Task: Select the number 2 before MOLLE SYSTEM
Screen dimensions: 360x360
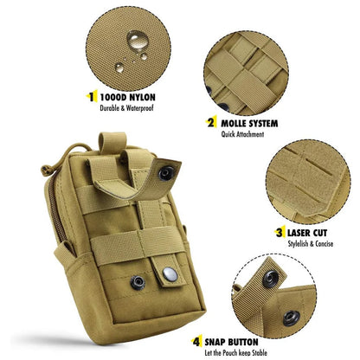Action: click(x=210, y=123)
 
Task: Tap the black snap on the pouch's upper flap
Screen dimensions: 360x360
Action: click(x=165, y=174)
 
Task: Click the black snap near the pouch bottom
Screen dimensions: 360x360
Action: click(x=138, y=281)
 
